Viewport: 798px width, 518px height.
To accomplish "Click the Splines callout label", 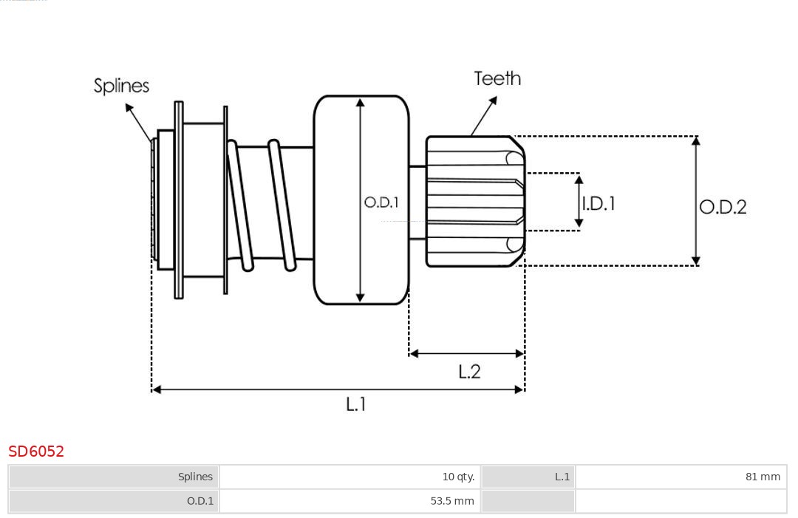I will tap(121, 86).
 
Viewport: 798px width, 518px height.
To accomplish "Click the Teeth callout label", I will tap(497, 78).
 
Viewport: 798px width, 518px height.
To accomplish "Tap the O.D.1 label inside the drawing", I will tap(381, 202).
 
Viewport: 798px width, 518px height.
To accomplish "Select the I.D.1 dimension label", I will tap(598, 203).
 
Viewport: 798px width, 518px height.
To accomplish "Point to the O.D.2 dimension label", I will tap(723, 207).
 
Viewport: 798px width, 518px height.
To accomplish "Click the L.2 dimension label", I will tap(469, 372).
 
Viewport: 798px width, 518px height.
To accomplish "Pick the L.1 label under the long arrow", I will tap(356, 404).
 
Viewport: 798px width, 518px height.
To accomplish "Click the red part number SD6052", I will tap(36, 451).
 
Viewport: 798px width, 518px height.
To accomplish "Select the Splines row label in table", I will tap(195, 477).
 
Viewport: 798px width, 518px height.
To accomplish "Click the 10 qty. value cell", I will tap(458, 477).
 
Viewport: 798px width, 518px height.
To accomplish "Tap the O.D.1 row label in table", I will tap(199, 501).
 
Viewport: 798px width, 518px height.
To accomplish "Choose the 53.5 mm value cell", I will tap(452, 501).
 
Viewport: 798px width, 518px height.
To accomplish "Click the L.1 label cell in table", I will tap(562, 477).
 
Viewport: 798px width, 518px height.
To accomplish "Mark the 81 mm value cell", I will tap(763, 477).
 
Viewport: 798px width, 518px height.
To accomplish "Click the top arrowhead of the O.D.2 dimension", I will tap(695, 140).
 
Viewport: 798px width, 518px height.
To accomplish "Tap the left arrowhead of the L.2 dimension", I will tap(414, 354).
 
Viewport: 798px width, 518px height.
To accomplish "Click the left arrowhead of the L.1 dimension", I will tap(156, 389).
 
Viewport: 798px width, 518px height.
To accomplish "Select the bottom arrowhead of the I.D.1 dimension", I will tap(579, 222).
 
